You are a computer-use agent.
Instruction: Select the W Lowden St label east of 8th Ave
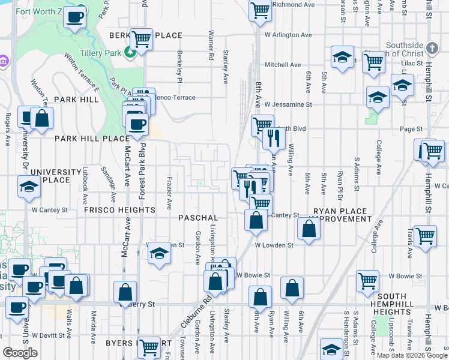[x=274, y=245]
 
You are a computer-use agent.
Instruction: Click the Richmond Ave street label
[x=294, y=4]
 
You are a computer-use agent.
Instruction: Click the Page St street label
[x=412, y=129]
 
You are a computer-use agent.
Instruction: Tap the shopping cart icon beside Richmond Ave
[x=260, y=10]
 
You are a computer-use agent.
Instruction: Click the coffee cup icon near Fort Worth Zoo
[x=74, y=17]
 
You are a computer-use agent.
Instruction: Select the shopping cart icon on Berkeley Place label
[x=141, y=39]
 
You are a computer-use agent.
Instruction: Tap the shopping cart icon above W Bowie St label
[x=367, y=280]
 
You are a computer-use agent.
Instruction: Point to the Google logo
[x=20, y=353]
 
